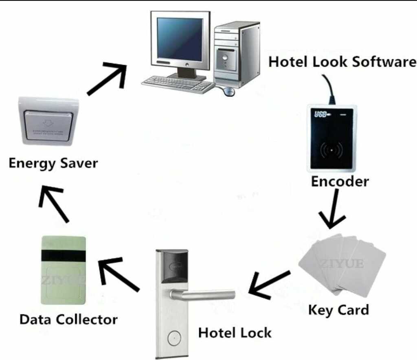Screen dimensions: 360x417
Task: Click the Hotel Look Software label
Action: (x=342, y=62)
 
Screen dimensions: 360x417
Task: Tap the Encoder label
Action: (x=340, y=181)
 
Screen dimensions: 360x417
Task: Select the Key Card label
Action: (x=338, y=310)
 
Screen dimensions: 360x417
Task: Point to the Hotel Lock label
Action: (x=235, y=333)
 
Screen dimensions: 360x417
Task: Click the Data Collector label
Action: (x=68, y=319)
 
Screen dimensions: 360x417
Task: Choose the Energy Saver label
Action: (x=53, y=163)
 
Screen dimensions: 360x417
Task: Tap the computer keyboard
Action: (x=178, y=84)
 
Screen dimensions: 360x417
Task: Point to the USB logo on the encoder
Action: (x=321, y=114)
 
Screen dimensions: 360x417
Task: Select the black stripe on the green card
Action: (x=64, y=256)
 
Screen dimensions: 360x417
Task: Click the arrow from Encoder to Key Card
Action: (x=331, y=209)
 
